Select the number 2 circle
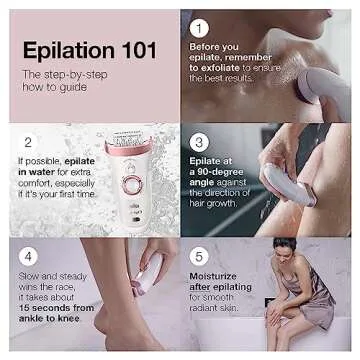click(x=26, y=141)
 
